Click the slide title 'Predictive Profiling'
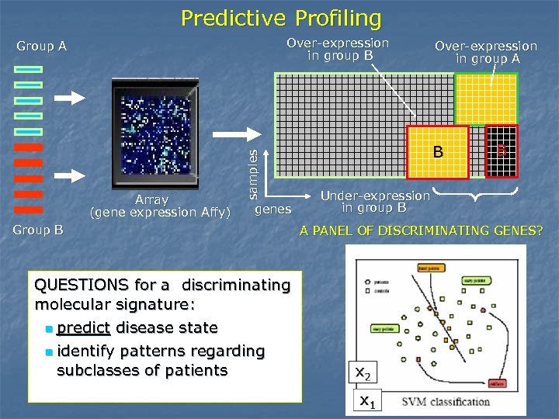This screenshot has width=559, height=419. click(x=281, y=17)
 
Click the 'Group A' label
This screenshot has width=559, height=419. click(x=41, y=46)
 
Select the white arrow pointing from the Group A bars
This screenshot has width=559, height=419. click(x=76, y=98)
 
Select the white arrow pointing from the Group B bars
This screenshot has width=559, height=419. click(x=76, y=172)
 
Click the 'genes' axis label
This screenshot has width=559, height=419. click(x=273, y=209)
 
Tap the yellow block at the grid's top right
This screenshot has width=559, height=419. click(x=485, y=99)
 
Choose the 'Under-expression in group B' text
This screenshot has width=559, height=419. click(x=375, y=202)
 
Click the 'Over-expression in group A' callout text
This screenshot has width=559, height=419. click(x=485, y=53)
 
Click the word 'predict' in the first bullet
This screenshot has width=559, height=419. click(x=83, y=327)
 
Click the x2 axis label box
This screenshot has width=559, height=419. click(x=363, y=373)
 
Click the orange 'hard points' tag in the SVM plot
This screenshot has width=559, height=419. click(x=430, y=268)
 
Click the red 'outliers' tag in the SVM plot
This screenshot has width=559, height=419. click(x=498, y=383)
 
